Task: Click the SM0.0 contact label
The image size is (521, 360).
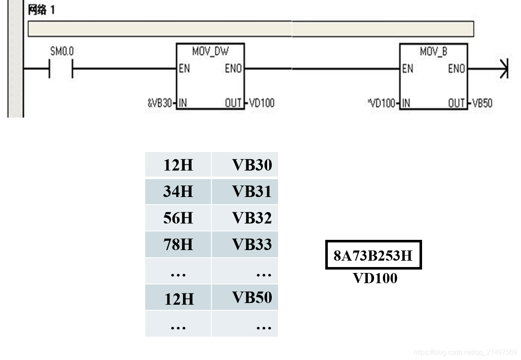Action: click(x=62, y=51)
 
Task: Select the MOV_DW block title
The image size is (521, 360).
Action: click(x=210, y=51)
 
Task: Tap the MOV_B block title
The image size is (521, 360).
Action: click(x=433, y=51)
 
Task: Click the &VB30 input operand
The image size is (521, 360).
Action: click(x=160, y=103)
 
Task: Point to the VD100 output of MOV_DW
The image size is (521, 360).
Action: click(x=262, y=103)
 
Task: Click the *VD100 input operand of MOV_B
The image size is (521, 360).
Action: click(x=383, y=103)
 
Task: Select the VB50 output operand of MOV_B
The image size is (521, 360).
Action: click(x=482, y=103)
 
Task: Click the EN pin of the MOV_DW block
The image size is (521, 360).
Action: click(x=184, y=68)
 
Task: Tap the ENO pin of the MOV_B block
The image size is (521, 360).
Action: click(x=456, y=68)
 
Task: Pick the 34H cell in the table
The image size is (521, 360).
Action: click(x=178, y=192)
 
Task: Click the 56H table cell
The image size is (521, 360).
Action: click(x=178, y=218)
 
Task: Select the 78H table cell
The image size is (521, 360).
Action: click(x=178, y=245)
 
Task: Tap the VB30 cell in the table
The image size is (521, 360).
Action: click(x=252, y=165)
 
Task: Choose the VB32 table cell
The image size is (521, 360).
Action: click(x=252, y=218)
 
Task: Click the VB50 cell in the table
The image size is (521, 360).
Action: click(x=252, y=298)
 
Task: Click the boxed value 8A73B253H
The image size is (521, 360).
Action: click(x=373, y=255)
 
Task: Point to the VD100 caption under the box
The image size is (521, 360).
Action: click(x=375, y=278)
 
